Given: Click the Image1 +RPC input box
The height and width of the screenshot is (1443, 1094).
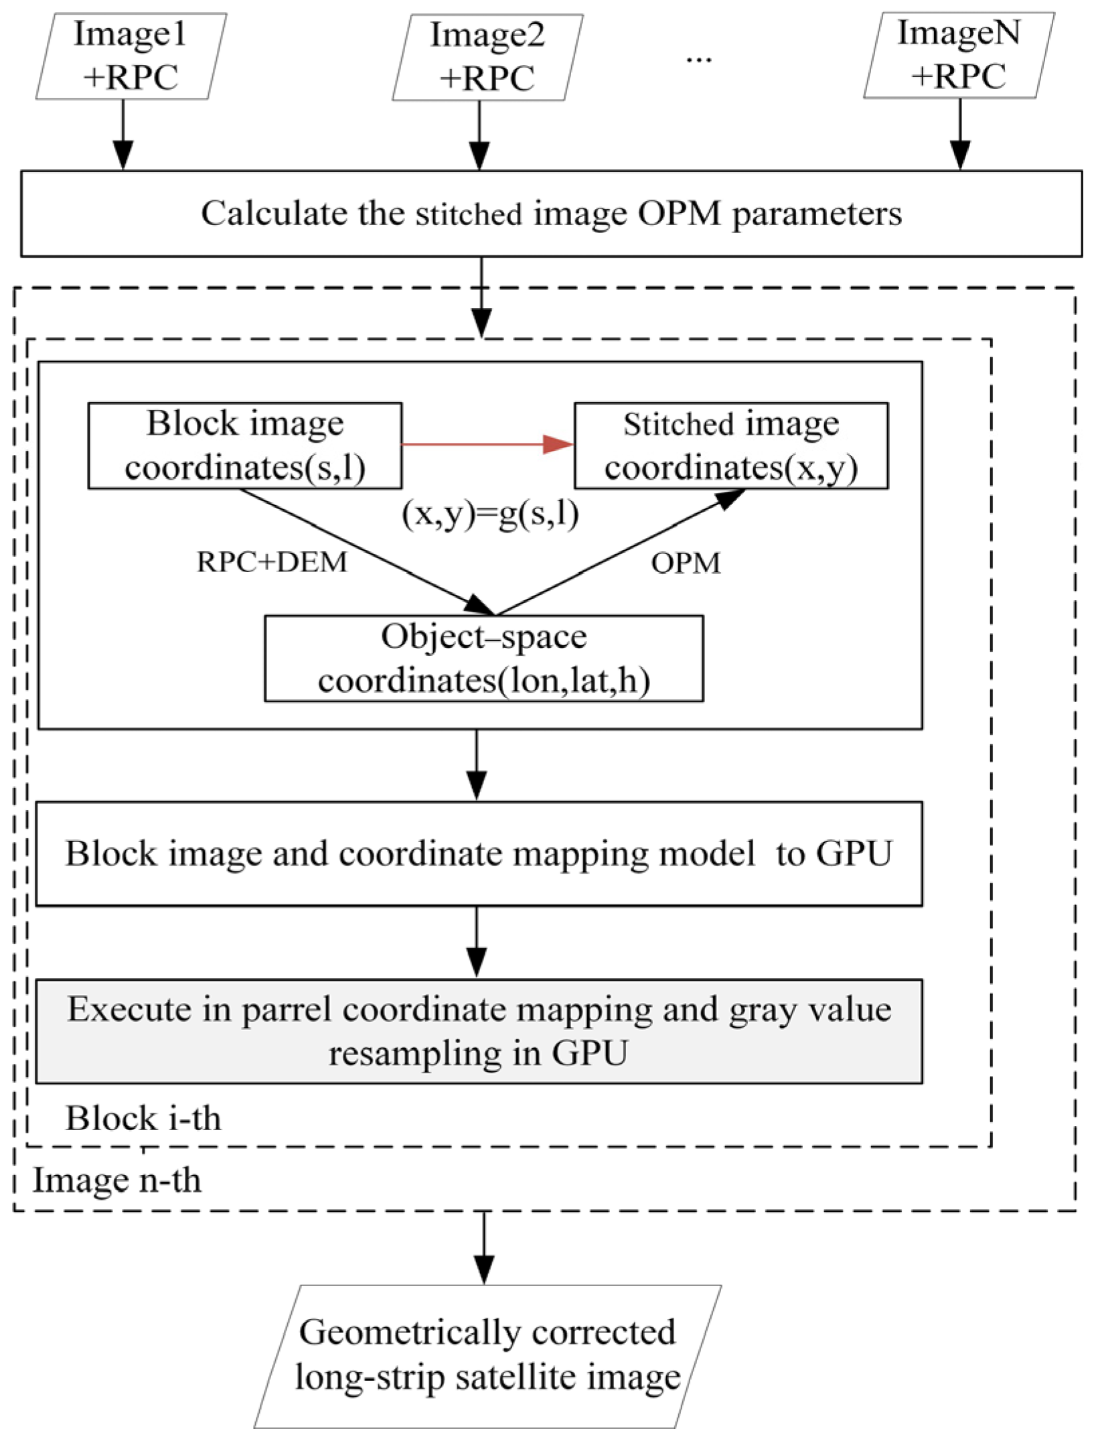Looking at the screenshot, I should tap(131, 56).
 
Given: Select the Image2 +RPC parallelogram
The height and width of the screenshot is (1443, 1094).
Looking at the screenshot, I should tap(487, 58).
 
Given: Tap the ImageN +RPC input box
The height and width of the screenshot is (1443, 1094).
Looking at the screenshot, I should tap(959, 56).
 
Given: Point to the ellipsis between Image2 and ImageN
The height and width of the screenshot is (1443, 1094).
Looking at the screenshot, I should tap(698, 59).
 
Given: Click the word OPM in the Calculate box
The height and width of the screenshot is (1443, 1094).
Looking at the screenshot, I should tap(679, 214).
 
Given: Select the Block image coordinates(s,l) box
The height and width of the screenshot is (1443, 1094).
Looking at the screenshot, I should tap(245, 445).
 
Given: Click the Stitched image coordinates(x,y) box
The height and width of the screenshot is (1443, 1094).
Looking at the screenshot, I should tap(731, 445).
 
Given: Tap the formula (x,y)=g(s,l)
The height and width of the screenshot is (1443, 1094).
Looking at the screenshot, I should tap(490, 514).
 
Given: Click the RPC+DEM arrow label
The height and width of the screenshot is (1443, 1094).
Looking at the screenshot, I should tap(272, 561).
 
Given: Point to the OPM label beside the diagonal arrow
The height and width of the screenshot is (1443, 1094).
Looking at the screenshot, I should tap(686, 563).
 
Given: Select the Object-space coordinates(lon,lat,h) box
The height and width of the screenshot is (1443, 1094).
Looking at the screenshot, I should tap(483, 659).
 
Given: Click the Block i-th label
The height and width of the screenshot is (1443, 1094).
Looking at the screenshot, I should tap(143, 1118).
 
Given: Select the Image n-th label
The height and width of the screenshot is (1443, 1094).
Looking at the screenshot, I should tap(116, 1180).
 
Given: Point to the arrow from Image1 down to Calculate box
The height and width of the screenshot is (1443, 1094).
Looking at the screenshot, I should tap(123, 134).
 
